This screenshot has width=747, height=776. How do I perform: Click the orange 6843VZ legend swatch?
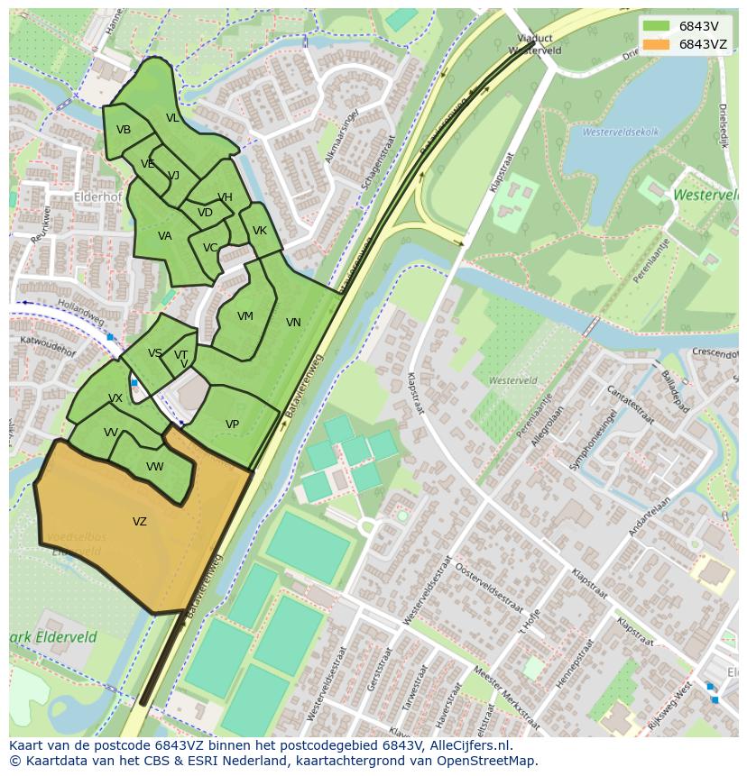657,44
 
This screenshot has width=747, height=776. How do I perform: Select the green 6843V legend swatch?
657,26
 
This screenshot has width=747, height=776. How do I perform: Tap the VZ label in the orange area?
140,522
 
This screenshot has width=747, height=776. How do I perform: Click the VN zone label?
293,323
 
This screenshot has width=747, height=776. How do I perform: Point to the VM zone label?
245,316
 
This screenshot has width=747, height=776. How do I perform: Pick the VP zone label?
232,425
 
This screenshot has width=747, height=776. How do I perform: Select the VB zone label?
124,130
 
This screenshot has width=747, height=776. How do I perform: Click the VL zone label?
172,118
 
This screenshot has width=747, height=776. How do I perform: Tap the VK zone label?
260,231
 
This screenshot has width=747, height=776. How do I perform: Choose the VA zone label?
164,236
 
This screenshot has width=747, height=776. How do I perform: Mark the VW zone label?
155,467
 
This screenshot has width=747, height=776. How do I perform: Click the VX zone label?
115,398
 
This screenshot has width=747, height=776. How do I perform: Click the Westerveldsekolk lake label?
621,132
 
